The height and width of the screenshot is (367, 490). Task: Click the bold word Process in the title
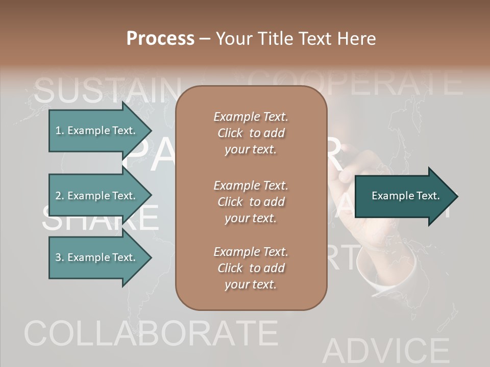coord(160,39)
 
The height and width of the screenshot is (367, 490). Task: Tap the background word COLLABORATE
coord(151,334)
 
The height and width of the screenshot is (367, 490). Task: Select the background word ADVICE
coord(385,352)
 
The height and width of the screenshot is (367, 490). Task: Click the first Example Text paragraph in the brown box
coord(251,133)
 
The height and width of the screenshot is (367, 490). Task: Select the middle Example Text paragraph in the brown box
coord(251,202)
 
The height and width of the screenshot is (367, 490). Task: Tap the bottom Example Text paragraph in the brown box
coord(251,268)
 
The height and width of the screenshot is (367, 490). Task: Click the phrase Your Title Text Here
coord(296,39)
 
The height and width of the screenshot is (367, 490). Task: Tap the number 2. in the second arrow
coord(60,196)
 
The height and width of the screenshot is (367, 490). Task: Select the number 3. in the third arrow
coord(60,257)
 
